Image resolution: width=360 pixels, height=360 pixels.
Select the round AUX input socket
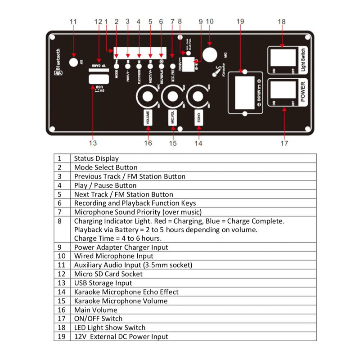point(73,62)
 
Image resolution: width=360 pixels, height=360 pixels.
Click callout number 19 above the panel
point(240,21)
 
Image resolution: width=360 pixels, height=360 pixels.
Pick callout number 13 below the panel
point(93,143)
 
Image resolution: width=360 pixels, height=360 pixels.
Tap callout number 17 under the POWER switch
point(283,143)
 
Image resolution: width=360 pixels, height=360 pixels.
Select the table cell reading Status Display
point(96,158)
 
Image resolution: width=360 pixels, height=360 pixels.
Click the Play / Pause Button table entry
point(105,185)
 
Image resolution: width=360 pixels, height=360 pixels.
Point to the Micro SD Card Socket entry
point(108,274)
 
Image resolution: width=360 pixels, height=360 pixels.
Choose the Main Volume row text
point(95,310)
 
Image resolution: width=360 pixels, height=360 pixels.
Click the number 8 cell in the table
point(62,221)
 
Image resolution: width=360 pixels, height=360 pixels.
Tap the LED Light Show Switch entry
point(110,327)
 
